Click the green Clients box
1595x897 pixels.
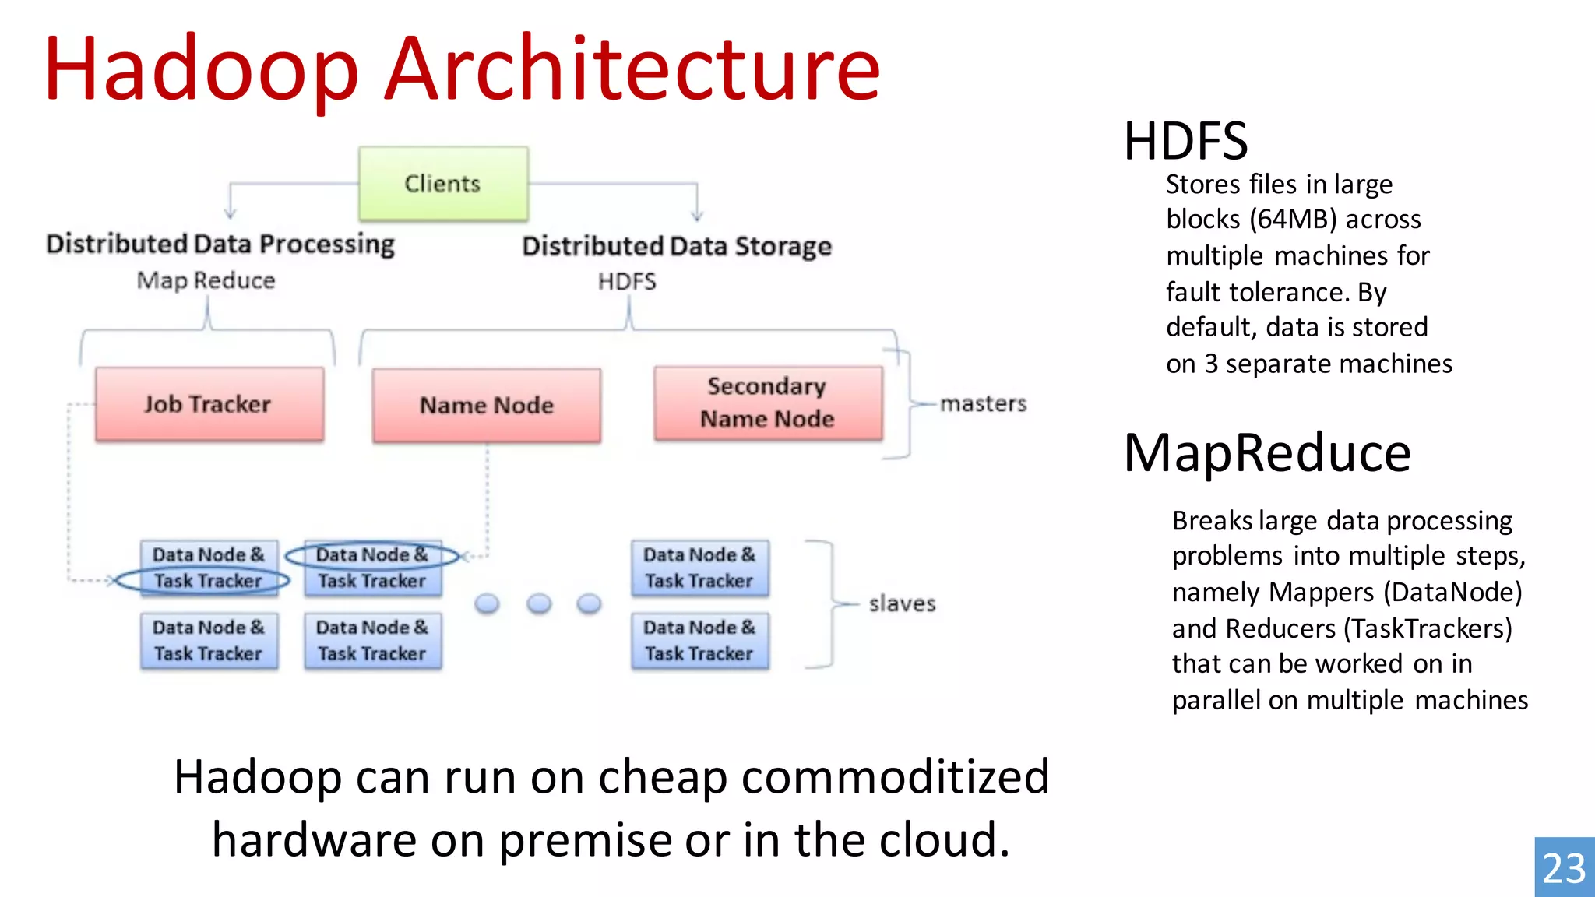[x=443, y=184]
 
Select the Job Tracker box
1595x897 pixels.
[x=209, y=404]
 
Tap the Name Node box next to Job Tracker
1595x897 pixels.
[x=487, y=405]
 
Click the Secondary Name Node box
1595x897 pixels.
[x=768, y=403]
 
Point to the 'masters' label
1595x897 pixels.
[x=983, y=403]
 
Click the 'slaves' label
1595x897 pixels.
[x=902, y=603]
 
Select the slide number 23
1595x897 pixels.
[x=1564, y=868]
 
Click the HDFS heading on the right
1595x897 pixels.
[x=1185, y=142]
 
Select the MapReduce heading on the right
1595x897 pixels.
[x=1267, y=453]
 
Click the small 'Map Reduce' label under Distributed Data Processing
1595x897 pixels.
[x=206, y=280]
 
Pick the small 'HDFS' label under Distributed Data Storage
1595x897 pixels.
[x=627, y=281]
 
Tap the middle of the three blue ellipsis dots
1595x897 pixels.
[x=539, y=603]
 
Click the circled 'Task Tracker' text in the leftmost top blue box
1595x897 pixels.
[x=207, y=581]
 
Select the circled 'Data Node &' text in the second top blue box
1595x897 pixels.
[x=371, y=554]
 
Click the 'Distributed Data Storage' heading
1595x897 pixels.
[x=677, y=246]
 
